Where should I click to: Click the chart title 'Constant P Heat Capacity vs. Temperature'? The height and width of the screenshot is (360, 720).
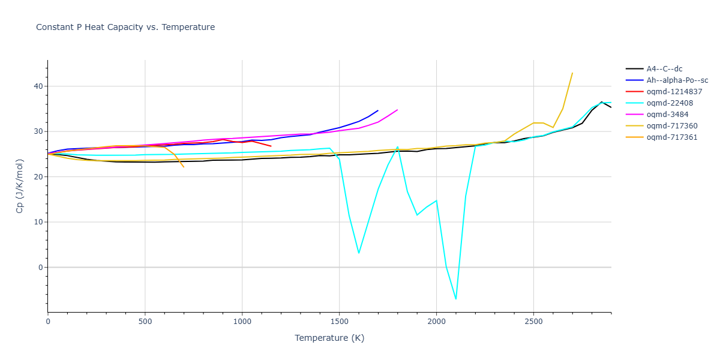point(125,27)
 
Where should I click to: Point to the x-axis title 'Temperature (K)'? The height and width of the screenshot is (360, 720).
point(329,338)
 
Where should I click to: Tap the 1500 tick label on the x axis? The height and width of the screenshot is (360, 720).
point(339,322)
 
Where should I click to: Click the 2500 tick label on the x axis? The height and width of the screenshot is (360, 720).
point(533,322)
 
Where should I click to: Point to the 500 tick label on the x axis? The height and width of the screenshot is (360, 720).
point(145,322)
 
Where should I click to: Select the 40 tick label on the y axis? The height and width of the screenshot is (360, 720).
point(39,86)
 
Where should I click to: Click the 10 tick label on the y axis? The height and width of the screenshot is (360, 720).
point(39,222)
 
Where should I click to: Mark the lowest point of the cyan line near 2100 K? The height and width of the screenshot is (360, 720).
point(456,299)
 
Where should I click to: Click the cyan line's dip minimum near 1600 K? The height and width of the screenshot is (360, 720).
point(359,253)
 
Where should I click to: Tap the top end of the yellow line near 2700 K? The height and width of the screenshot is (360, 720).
point(572,73)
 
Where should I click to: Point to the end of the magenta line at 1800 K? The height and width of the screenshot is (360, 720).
point(397,110)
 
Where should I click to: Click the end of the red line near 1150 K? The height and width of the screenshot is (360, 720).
point(271,146)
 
